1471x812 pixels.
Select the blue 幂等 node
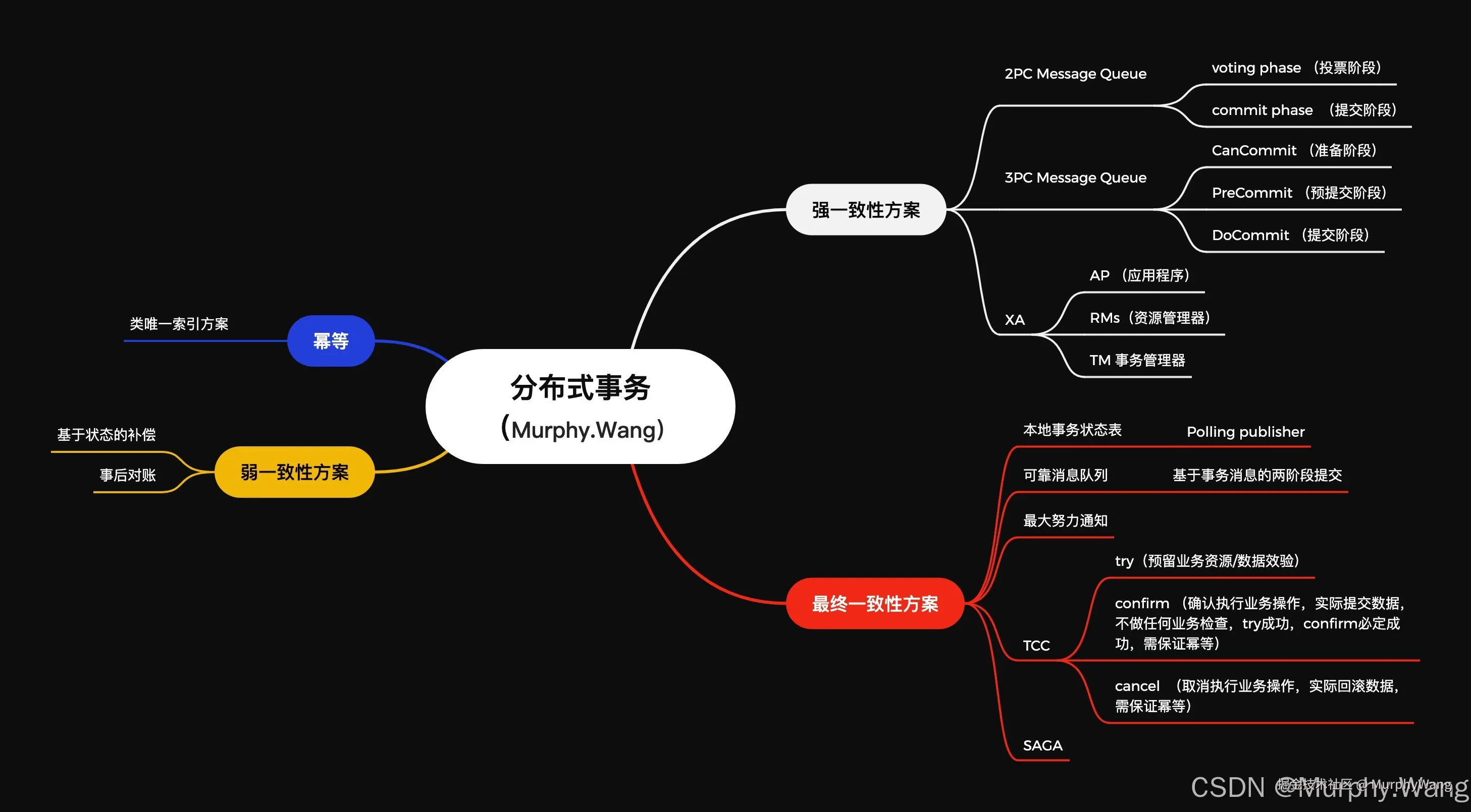click(x=331, y=340)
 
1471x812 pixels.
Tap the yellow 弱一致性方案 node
click(x=294, y=472)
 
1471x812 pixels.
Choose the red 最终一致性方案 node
click(x=875, y=603)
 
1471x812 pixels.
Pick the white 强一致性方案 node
click(x=866, y=209)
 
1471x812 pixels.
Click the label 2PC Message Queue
click(x=1075, y=74)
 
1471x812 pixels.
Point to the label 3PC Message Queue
click(x=1075, y=178)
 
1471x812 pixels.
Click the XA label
click(x=1015, y=320)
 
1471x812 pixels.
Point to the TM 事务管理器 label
click(x=1137, y=360)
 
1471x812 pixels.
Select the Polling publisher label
click(x=1245, y=432)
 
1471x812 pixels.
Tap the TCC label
click(x=1036, y=646)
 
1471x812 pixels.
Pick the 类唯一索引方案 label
click(x=179, y=324)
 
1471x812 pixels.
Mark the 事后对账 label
click(x=128, y=475)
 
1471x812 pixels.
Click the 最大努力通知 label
click(x=1065, y=520)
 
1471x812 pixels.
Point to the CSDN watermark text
click(x=1228, y=788)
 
